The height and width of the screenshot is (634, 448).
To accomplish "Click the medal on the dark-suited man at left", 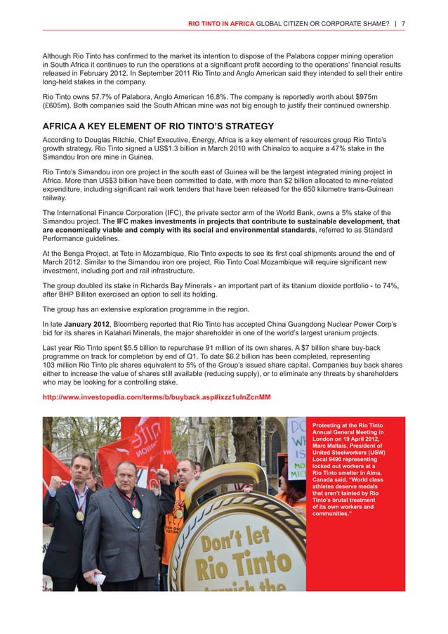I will point(80,515).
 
